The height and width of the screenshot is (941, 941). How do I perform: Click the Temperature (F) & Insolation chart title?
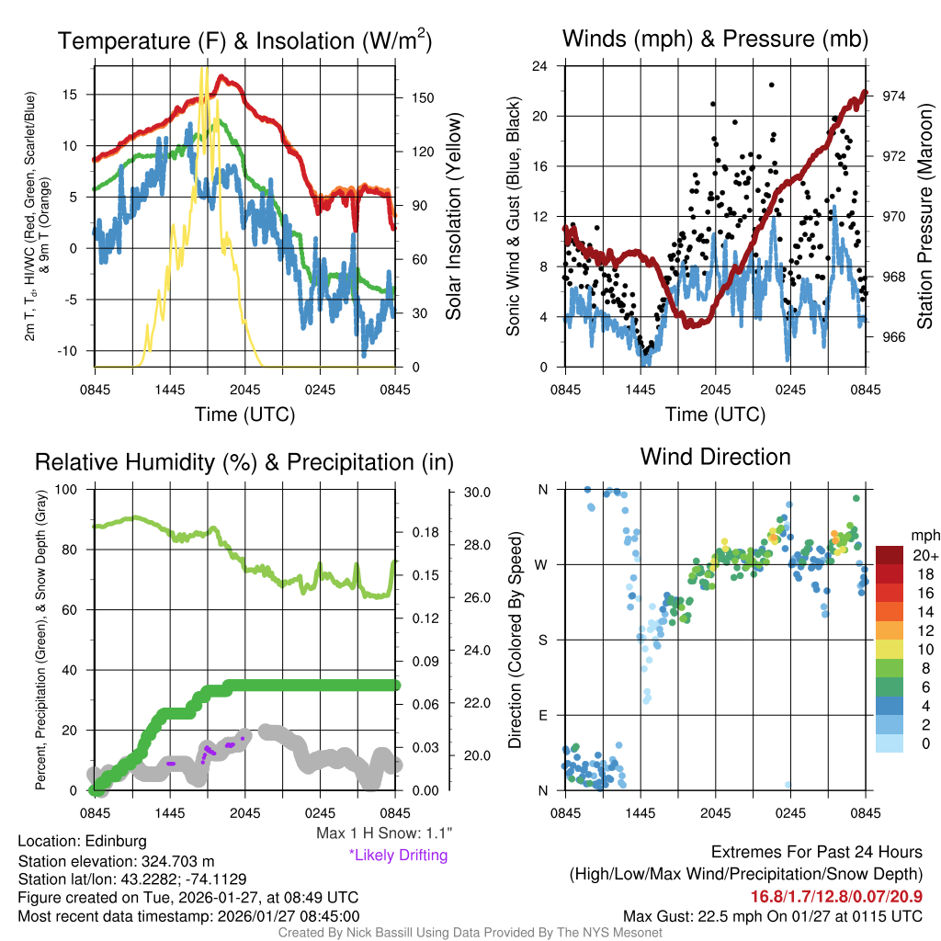click(244, 41)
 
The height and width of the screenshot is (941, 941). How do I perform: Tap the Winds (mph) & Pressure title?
click(715, 39)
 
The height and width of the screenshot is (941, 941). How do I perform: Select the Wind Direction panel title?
click(715, 457)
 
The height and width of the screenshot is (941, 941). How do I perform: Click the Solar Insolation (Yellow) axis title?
click(453, 217)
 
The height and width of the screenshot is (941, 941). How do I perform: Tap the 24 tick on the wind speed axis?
click(540, 66)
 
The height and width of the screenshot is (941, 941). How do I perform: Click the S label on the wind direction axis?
click(543, 640)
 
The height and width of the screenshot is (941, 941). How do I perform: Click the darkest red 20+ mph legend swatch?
click(891, 555)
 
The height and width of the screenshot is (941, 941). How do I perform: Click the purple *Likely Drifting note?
click(398, 855)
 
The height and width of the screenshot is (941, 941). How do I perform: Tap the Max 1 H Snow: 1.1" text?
click(382, 834)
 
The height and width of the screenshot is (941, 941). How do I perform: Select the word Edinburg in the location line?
click(115, 841)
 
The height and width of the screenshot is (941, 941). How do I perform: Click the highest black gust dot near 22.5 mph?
click(772, 85)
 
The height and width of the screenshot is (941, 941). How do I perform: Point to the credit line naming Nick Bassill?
click(470, 933)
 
